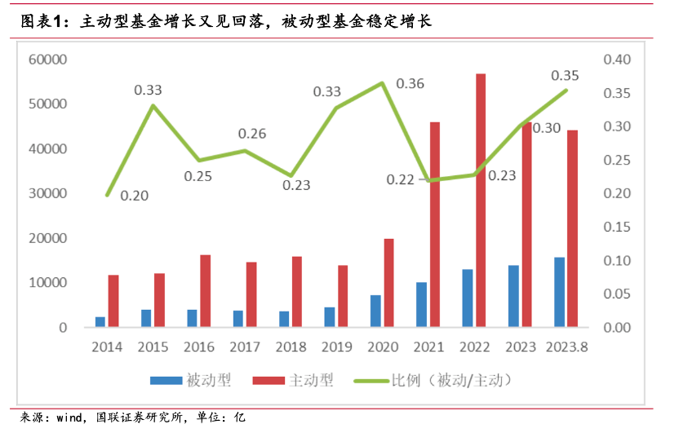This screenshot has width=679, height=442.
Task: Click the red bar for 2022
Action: tap(481, 201)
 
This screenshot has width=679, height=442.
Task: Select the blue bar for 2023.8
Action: tap(559, 293)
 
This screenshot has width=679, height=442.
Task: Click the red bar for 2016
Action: tap(206, 291)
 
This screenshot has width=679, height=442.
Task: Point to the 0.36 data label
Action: tap(411, 84)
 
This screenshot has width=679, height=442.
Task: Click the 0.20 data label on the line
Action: tap(135, 196)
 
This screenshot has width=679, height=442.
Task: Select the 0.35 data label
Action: tap(565, 76)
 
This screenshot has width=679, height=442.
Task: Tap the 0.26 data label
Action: tap(252, 134)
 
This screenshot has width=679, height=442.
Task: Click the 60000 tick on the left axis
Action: tap(47, 60)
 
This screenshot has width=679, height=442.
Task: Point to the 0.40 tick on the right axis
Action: tap(618, 60)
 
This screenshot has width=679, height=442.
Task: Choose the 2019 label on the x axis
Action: tap(337, 347)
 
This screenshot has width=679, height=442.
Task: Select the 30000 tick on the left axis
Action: tap(47, 194)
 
